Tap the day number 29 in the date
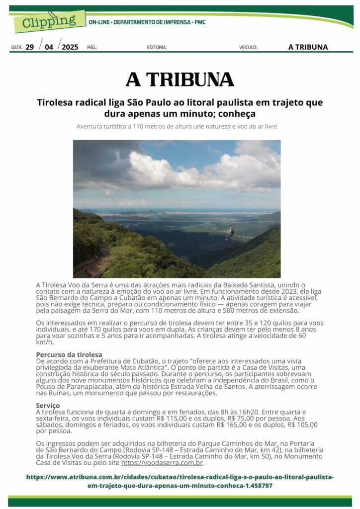[30, 47]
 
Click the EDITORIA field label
[157, 48]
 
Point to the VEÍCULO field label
[248, 48]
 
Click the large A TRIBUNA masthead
[180, 80]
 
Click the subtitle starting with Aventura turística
[177, 126]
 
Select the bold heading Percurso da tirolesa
[62, 354]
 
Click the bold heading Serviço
[48, 406]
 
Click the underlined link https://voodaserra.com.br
[162, 463]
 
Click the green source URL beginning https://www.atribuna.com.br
[180, 481]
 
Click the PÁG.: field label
[92, 48]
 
